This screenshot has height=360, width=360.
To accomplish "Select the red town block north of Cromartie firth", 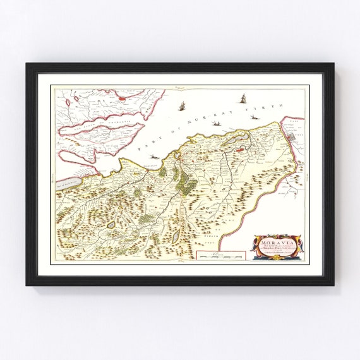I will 120,97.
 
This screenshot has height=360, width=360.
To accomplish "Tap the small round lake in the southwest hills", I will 111,224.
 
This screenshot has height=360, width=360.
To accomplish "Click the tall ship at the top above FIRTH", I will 243,98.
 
